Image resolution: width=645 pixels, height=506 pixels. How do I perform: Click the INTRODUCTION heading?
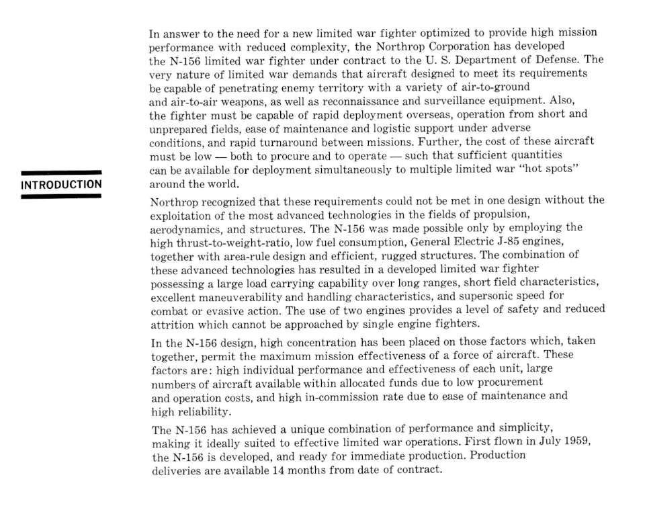[x=60, y=184]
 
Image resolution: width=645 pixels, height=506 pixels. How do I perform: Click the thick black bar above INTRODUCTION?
[x=60, y=172]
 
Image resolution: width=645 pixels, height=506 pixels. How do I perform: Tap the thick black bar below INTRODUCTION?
[x=60, y=196]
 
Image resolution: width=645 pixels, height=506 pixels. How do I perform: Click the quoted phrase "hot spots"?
[x=550, y=170]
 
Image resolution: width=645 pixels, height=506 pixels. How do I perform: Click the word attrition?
[x=172, y=324]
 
